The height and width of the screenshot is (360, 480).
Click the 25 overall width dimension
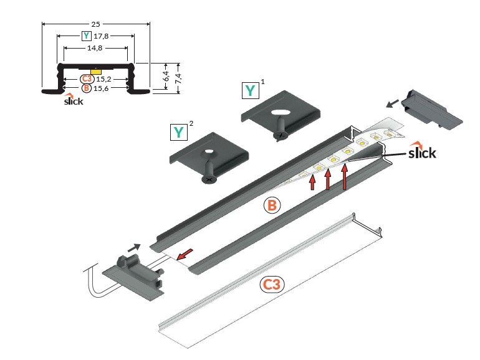(x=95, y=24)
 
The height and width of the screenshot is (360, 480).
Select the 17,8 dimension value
(x=101, y=36)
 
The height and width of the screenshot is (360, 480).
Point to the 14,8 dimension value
(x=95, y=47)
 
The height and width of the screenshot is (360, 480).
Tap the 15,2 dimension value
(x=103, y=79)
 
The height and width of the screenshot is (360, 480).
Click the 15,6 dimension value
(x=103, y=88)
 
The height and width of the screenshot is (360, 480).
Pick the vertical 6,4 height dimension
(x=166, y=76)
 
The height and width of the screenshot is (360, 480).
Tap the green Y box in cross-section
(x=85, y=36)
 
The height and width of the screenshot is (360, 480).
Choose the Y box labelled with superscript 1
(x=251, y=91)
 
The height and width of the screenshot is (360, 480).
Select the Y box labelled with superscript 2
(x=180, y=132)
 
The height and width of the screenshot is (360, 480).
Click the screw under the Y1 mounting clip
(x=280, y=133)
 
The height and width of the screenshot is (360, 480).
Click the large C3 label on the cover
(x=272, y=285)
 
